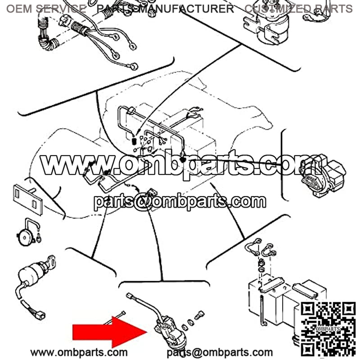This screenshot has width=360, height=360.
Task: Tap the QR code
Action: point(328,330)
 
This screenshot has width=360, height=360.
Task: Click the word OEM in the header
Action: point(19,9)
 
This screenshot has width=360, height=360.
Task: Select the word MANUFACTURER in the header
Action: point(186,9)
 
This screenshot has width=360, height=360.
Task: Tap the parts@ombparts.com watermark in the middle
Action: point(180,202)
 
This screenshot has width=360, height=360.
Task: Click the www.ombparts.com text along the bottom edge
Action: point(79,352)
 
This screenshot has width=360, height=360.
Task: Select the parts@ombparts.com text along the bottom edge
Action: point(220,353)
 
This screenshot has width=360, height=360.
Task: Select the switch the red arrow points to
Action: point(170,331)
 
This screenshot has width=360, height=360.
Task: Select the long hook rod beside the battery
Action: point(263,310)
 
